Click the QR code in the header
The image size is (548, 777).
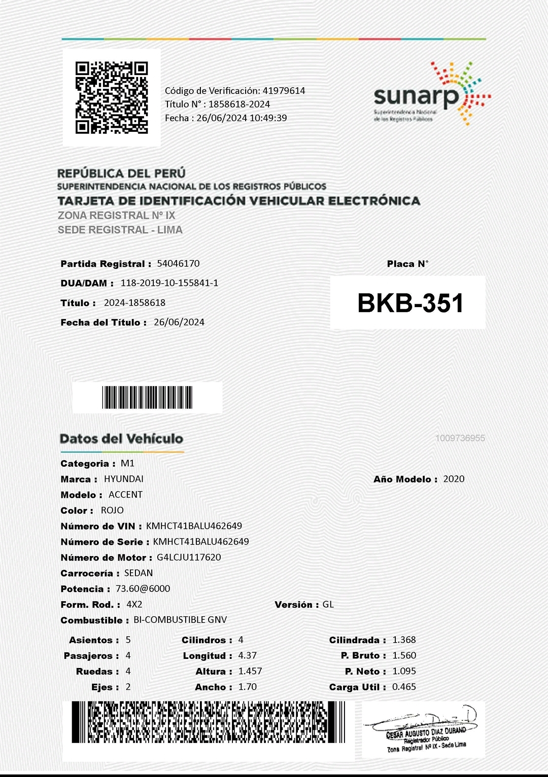click(112, 98)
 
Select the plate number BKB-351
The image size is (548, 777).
click(410, 303)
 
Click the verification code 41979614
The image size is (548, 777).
click(284, 91)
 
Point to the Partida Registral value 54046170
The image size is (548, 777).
click(178, 264)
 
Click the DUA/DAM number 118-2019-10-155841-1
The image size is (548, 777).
click(169, 283)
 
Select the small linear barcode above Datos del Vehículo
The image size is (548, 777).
click(147, 397)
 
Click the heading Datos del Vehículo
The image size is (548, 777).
click(121, 439)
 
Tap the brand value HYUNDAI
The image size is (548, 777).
click(124, 479)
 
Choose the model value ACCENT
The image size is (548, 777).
click(125, 495)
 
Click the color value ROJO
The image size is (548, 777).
click(112, 510)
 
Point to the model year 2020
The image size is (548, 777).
click(454, 479)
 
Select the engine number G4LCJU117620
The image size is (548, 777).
click(189, 558)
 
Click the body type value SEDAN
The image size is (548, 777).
click(139, 573)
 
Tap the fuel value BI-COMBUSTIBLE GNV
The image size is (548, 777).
click(180, 620)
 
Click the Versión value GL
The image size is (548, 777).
click(328, 604)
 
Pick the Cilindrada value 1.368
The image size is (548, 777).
click(404, 640)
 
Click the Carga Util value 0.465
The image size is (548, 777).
click(404, 687)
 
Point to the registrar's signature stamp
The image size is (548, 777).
click(424, 730)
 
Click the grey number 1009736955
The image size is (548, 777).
click(460, 438)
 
